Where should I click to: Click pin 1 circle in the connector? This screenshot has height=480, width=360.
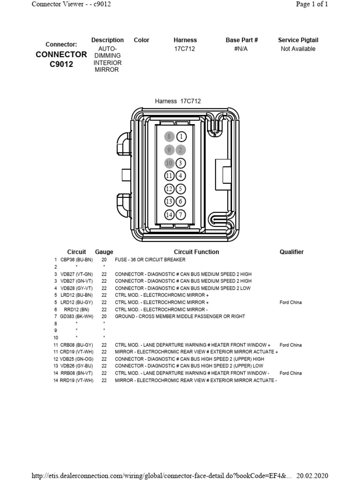pos(181,137)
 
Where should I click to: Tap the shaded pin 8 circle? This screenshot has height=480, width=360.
pos(170,137)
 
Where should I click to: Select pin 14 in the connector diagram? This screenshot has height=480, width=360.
pos(170,215)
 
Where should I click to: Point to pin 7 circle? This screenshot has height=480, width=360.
pos(181,215)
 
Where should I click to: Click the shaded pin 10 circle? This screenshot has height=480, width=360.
pos(170,163)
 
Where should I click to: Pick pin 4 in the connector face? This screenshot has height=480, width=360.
pos(181,176)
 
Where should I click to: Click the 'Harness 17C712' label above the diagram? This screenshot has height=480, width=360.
pos(178,101)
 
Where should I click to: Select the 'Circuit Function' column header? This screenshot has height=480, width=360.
pos(196,252)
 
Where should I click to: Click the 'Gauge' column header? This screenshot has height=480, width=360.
pos(104,252)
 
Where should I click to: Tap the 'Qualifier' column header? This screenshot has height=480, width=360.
pos(292,252)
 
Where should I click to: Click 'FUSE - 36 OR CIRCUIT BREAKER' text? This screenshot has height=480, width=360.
pos(150,260)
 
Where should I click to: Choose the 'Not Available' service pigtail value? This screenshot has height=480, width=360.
pos(298,49)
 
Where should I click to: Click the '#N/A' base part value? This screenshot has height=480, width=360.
pos(241,49)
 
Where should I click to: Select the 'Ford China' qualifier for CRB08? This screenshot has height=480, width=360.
pos(291,345)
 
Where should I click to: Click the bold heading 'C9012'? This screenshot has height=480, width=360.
pos(61,64)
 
